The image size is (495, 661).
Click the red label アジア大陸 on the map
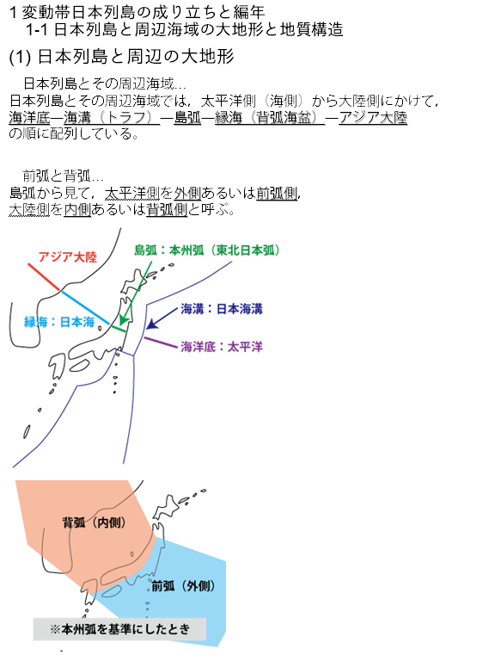(x=68, y=256)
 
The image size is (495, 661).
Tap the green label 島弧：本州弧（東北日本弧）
(x=206, y=250)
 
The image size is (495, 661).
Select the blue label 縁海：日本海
(x=59, y=322)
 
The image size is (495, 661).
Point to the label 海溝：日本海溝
(x=222, y=309)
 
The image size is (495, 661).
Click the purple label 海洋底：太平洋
(x=222, y=347)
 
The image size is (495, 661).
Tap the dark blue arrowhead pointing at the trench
(x=151, y=324)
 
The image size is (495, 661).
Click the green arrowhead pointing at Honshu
(x=122, y=320)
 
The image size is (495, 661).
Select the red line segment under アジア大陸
(x=44, y=277)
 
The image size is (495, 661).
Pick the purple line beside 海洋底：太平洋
(x=161, y=343)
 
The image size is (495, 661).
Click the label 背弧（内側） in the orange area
(x=95, y=522)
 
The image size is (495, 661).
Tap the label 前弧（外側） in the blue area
(x=184, y=585)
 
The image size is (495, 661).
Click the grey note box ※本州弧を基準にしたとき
(x=119, y=629)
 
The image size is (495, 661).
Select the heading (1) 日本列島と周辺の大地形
(x=121, y=57)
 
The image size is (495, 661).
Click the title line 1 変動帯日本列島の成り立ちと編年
(x=137, y=12)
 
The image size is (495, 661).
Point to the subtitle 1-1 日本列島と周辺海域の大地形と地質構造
(x=185, y=29)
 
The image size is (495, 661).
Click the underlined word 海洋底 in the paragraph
(x=29, y=118)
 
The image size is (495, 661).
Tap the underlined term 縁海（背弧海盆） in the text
(x=270, y=118)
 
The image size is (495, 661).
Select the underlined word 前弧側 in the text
(x=277, y=194)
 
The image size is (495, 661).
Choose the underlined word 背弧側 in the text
(x=167, y=209)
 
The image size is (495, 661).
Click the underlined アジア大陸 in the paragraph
(x=373, y=118)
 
